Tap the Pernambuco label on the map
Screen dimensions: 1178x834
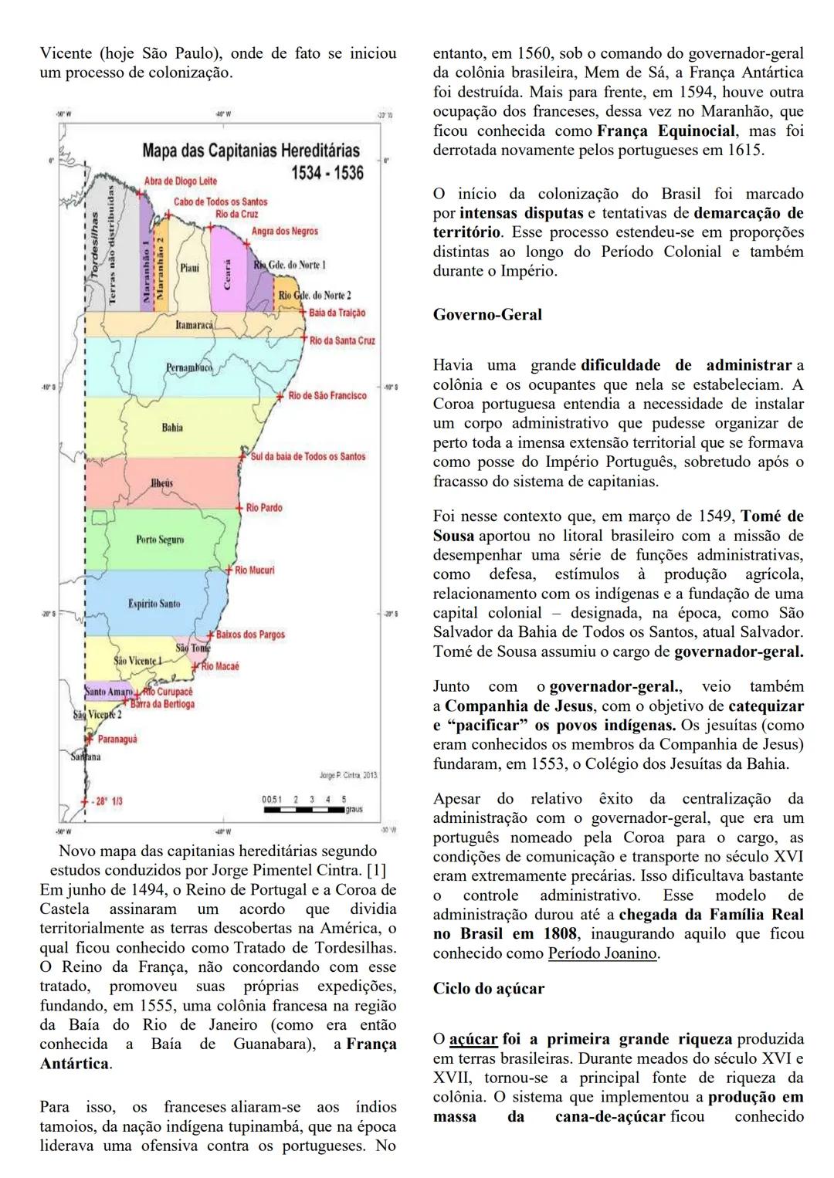pos(188,368)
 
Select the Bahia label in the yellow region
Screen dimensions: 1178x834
pos(172,428)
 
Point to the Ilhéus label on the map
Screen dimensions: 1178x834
pos(161,483)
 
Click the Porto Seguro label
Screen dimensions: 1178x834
pos(159,540)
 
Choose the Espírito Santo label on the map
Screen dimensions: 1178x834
pos(154,603)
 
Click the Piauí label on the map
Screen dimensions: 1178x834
pos(189,268)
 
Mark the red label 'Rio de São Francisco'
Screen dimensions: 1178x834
pos(327,395)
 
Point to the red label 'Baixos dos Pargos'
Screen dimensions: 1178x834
pos(250,635)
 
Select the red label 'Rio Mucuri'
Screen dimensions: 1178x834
pos(254,570)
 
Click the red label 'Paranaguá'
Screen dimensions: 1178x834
pos(117,739)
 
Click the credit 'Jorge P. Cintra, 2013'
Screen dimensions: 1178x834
pos(347,774)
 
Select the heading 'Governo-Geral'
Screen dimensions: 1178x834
pos(487,314)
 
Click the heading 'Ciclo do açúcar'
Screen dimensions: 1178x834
pos(488,988)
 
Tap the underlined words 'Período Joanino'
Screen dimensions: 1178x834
pos(602,953)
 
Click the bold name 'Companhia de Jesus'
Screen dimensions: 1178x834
pos(519,706)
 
